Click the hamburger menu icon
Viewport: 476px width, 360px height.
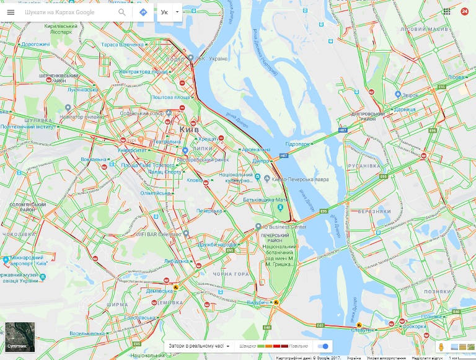tap(11, 12)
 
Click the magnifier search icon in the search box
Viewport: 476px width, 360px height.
tap(121, 12)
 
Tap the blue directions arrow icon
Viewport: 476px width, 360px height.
tap(143, 12)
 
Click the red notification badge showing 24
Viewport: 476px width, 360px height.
tap(464, 11)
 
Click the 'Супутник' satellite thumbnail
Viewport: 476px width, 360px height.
tap(20, 337)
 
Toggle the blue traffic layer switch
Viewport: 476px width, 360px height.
tap(322, 346)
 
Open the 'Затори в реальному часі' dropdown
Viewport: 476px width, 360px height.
tap(200, 346)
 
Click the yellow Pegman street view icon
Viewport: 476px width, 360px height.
tap(441, 347)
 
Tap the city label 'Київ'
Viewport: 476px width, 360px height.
tap(188, 130)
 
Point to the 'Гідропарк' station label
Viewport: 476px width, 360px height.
tap(297, 144)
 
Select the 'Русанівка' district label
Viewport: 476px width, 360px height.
tap(366, 166)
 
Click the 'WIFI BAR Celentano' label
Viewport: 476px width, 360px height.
tap(158, 234)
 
